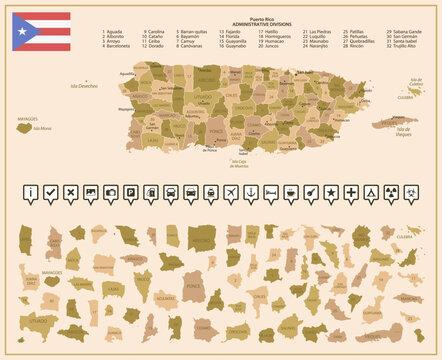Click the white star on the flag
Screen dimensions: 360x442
click(x=21, y=32)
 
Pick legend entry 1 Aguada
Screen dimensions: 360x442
click(x=113, y=31)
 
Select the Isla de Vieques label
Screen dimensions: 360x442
click(x=404, y=131)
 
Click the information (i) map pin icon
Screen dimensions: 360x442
click(x=32, y=192)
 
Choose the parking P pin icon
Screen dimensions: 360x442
click(x=131, y=192)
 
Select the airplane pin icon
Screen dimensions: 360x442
click(x=230, y=192)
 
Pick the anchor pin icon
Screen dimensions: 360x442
click(x=250, y=192)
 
